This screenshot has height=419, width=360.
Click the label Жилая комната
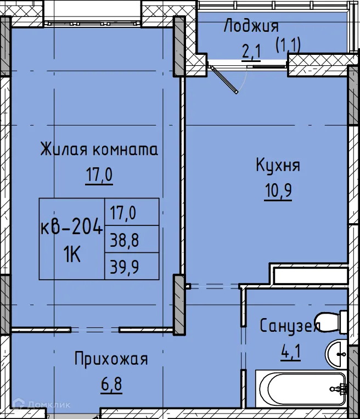coord(98,150)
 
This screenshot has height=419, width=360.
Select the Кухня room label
coord(278,165)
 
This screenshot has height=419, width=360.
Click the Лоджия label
coord(251,26)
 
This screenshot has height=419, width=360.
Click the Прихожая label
coord(111,359)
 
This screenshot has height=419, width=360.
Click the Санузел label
coord(289,326)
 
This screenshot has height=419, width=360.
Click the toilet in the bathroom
coord(333,321)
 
